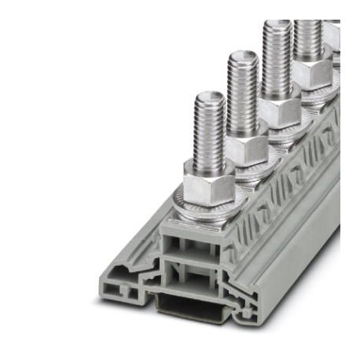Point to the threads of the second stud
pos(244,90)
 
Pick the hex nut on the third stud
pos(277,110)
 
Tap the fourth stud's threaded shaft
pos(307,43)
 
